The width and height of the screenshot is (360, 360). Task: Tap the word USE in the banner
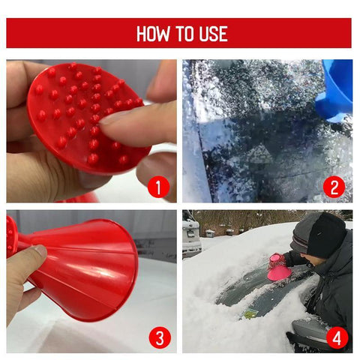tap(211, 34)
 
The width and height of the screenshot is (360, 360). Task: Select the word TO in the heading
tap(183, 34)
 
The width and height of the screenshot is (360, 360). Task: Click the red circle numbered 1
tap(157, 187)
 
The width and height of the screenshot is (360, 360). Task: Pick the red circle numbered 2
tap(334, 187)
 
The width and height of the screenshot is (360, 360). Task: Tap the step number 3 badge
tap(157, 337)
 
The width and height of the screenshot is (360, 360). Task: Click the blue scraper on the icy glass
tap(336, 90)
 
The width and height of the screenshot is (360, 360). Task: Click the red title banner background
tap(75, 34)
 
